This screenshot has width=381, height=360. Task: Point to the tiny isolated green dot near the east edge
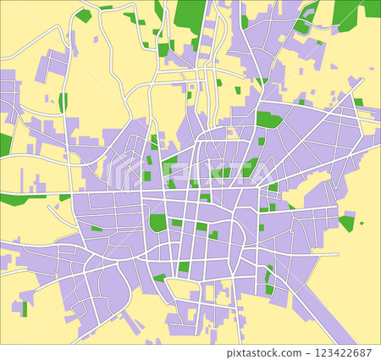362,224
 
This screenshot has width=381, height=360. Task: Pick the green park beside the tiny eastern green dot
346,223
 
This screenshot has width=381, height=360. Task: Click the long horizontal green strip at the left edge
23,199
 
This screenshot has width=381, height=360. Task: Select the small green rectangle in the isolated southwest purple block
25,307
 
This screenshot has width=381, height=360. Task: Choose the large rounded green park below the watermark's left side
157,223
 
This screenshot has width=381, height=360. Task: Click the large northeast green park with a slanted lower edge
269,119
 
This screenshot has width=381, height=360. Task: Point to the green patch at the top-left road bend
83,15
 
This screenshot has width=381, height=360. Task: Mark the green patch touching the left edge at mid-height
5,144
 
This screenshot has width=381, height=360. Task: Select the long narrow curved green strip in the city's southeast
270,280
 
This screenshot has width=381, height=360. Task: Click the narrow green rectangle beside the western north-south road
63,102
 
